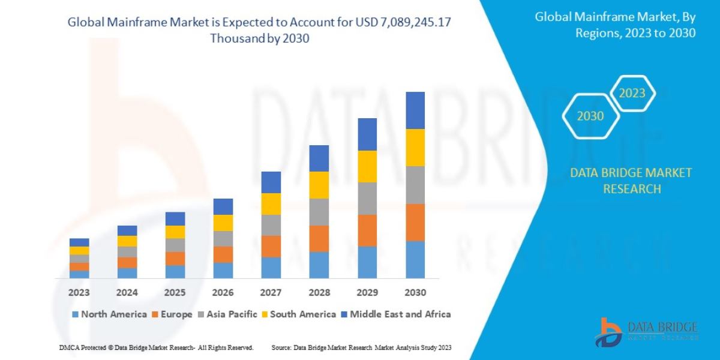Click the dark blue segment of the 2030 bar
[415, 110]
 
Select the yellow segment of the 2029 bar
[367, 166]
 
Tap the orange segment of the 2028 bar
[319, 239]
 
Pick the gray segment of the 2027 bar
[271, 225]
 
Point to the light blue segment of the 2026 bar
[223, 271]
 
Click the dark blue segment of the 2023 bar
[79, 242]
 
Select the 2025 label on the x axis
[175, 293]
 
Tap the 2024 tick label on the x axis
[127, 293]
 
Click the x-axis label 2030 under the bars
[415, 293]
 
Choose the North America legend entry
[109, 314]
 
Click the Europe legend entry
[172, 314]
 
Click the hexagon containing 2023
[632, 93]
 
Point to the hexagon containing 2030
[590, 116]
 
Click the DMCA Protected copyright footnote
[156, 347]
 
